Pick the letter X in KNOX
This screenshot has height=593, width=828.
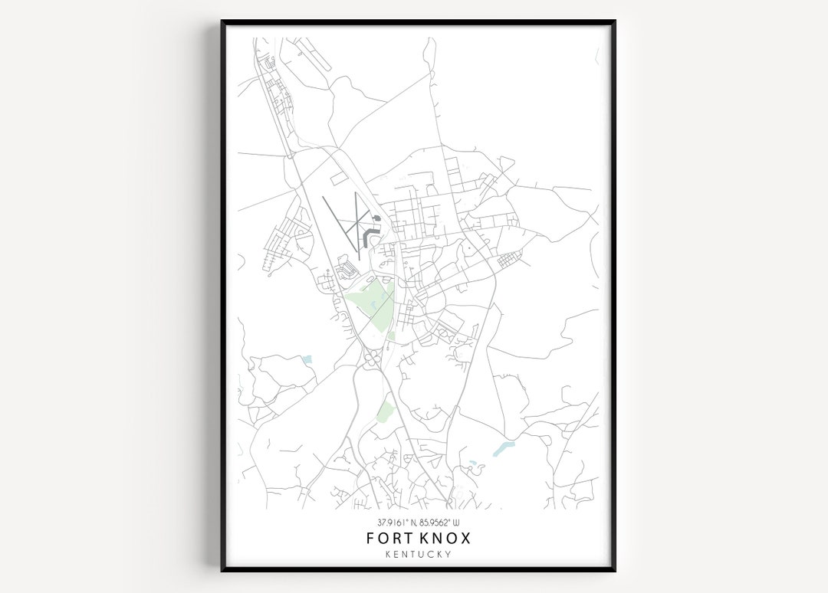coord(465,538)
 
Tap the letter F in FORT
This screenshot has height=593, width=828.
coord(370,538)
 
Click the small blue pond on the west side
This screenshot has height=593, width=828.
coord(307,359)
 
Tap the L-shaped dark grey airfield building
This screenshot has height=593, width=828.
coord(371,231)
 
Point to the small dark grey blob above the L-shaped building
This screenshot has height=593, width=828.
coord(376,218)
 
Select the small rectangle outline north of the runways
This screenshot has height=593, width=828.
coord(340,178)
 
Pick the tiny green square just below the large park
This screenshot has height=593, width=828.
coord(390,336)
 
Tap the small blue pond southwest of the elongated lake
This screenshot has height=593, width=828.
coord(472,464)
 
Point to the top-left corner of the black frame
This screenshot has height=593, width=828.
coord(223,22)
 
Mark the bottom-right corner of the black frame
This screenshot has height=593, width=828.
coord(613,570)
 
